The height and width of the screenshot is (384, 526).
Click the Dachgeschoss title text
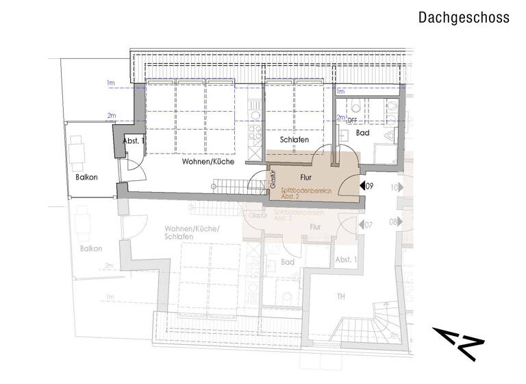(x=464, y=18)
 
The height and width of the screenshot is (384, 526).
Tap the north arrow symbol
(x=458, y=343)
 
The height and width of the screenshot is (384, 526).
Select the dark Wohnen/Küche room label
(x=208, y=163)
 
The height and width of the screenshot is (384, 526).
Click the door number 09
(x=368, y=186)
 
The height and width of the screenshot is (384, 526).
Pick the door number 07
(x=368, y=225)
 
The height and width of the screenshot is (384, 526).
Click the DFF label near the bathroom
(x=353, y=120)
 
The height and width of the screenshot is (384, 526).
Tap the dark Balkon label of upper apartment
(x=86, y=177)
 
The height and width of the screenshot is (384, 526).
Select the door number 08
(x=395, y=222)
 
